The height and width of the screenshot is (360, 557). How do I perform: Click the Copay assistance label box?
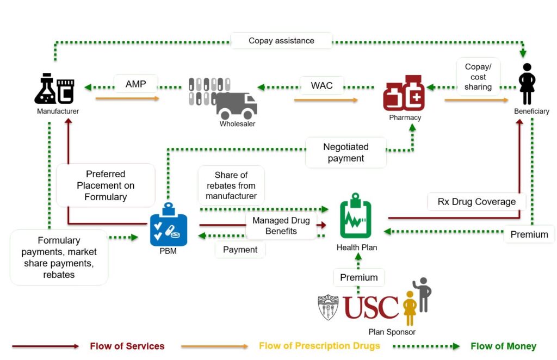tap(281, 41)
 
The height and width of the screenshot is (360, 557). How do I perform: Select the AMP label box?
tap(136, 85)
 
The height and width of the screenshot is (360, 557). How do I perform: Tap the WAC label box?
tap(321, 86)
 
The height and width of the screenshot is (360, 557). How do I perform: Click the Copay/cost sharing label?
tap(478, 77)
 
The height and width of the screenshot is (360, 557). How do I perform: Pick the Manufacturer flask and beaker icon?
tap(54, 89)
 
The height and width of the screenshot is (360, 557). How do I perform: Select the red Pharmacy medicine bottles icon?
tap(404, 94)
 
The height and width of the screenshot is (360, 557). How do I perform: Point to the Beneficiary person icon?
tap(527, 84)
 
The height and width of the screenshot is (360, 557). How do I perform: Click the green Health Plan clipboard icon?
tap(356, 216)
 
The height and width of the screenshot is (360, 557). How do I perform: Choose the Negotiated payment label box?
tap(346, 152)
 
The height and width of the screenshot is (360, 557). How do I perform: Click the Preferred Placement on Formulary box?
tap(106, 185)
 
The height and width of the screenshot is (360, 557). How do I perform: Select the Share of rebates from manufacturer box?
tap(231, 185)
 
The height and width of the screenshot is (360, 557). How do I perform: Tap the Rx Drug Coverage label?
tap(476, 202)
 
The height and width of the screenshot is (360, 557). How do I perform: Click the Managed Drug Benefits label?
tap(281, 226)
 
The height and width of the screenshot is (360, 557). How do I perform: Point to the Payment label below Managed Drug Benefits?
tap(240, 250)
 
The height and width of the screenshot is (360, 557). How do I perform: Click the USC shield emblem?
tap(328, 308)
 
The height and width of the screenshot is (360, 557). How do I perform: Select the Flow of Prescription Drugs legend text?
tap(319, 346)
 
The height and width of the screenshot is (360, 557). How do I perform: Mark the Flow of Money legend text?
tap(503, 346)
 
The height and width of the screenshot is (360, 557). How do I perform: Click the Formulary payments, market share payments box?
tap(59, 257)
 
